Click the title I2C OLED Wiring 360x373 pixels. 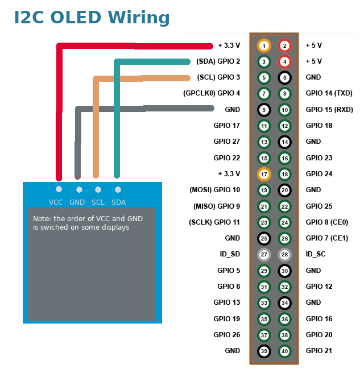(x=92, y=18)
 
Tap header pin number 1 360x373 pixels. (x=264, y=45)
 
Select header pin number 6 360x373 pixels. (x=285, y=77)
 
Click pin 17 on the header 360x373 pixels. (x=264, y=174)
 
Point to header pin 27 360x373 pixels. (x=264, y=254)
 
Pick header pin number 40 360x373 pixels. (x=285, y=351)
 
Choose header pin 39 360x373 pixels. (x=264, y=351)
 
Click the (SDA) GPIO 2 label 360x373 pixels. (x=218, y=61)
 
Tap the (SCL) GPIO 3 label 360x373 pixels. (x=218, y=77)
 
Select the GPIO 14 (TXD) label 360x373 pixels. (x=329, y=93)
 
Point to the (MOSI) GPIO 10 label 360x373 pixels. (x=214, y=190)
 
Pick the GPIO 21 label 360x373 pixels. (x=319, y=351)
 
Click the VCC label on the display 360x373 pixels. (x=56, y=202)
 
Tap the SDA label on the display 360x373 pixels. (x=118, y=202)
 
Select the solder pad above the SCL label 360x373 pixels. (x=98, y=189)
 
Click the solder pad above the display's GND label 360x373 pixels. (x=79, y=189)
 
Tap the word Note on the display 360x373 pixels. (x=42, y=219)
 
